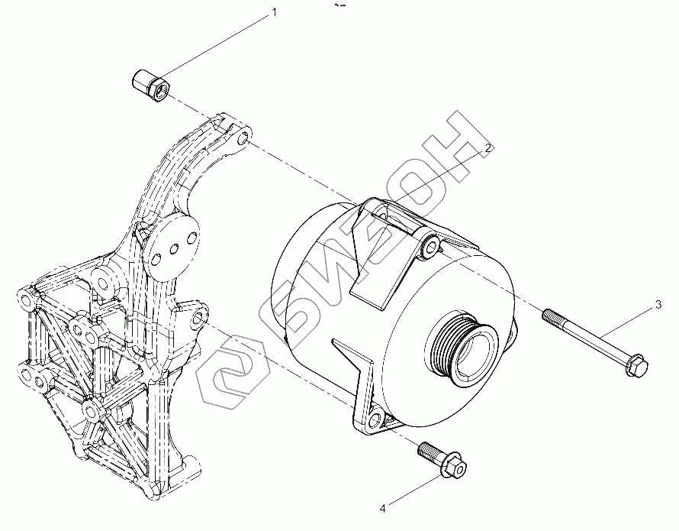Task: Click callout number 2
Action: click(485, 149)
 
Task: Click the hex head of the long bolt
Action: click(636, 368)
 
